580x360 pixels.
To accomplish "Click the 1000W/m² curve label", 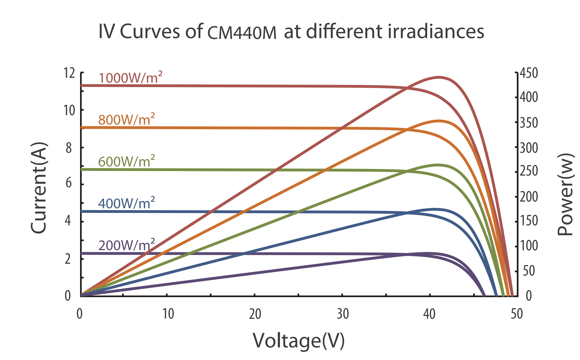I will tap(130, 77).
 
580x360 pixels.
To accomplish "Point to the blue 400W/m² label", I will tap(126, 203).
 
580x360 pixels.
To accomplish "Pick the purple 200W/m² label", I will tap(126, 245).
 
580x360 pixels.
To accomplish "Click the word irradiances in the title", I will tap(436, 32).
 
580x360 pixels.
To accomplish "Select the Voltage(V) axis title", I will tap(299, 341).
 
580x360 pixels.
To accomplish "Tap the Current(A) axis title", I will tap(39, 188).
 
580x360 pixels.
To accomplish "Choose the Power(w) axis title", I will tap(565, 194).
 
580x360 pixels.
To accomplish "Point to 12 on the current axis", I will tap(69, 73).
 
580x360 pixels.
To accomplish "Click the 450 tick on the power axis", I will tap(529, 73).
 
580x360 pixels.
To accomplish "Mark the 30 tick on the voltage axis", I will tap(343, 314).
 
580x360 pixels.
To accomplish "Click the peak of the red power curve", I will tap(439, 77).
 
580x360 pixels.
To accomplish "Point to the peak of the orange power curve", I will tap(439, 121).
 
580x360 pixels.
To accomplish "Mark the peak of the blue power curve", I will tap(435, 209).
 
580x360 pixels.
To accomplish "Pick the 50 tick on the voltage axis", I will tap(517, 314).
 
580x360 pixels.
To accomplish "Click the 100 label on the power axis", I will tap(529, 245).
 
